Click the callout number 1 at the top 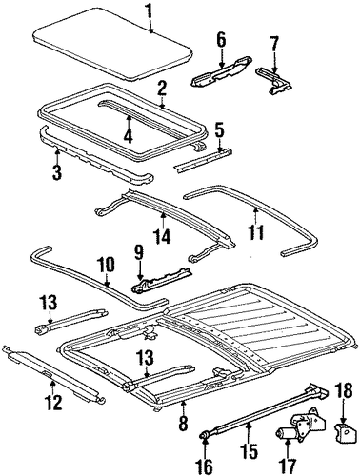pos(150,10)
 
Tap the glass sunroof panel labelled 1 pos(112,44)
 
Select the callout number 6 pos(221,40)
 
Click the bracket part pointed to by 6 pos(221,71)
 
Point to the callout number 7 pos(274,45)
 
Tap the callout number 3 pos(56,171)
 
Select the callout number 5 pos(219,130)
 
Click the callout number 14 pos(163,235)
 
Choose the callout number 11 pos(256,233)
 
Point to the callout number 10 pos(107,266)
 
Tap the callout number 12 pos(53,403)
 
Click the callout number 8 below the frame pos(183,422)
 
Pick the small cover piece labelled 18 pos(343,431)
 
